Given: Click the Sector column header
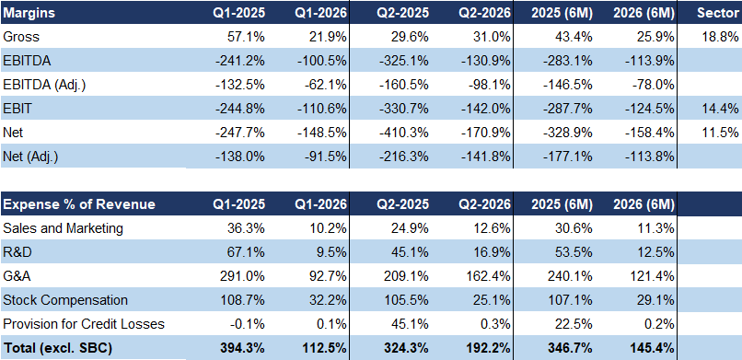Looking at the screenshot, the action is pyautogui.click(x=717, y=13).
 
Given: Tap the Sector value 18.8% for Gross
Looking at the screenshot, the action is pyautogui.click(x=721, y=37).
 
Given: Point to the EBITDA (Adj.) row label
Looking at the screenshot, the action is pyautogui.click(x=44, y=85).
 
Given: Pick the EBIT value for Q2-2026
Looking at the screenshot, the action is pyautogui.click(x=486, y=109).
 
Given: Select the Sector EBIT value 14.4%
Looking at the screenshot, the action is pyautogui.click(x=721, y=109).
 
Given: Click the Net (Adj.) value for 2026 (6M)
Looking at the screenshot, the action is pyautogui.click(x=650, y=157).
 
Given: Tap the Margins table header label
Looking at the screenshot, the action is pyautogui.click(x=29, y=13).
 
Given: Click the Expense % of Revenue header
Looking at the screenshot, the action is pyautogui.click(x=79, y=204).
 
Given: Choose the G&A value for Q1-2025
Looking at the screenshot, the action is pyautogui.click(x=243, y=276).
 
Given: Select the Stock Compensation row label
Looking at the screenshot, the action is pyautogui.click(x=65, y=300).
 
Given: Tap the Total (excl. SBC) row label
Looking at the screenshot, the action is pyautogui.click(x=57, y=348).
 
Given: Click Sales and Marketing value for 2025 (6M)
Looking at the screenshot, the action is pyautogui.click(x=575, y=228).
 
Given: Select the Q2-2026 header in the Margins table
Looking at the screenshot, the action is pyautogui.click(x=484, y=13).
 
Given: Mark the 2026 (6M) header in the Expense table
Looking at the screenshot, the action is pyautogui.click(x=643, y=204).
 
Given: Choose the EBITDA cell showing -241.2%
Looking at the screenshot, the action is pyautogui.click(x=240, y=61).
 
